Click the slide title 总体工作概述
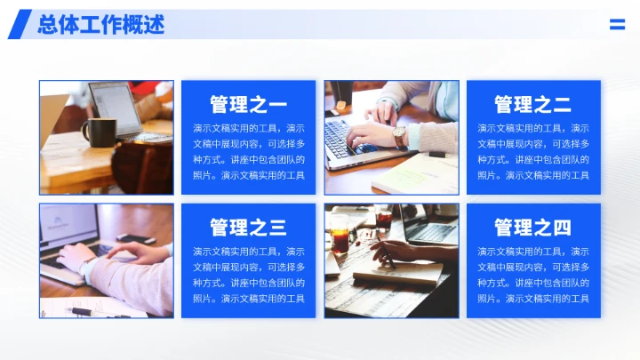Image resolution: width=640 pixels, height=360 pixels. [x=100, y=24]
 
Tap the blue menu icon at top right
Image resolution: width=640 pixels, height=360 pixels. [x=617, y=25]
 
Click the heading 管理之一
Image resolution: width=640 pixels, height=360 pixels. [x=249, y=104]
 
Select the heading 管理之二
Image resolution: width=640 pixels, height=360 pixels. [x=533, y=104]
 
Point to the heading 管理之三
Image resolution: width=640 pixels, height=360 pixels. [x=249, y=227]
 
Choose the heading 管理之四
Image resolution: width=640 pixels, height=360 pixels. [x=533, y=227]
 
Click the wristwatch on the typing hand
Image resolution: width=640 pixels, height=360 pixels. [x=401, y=136]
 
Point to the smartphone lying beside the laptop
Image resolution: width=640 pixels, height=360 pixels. [x=136, y=238]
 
